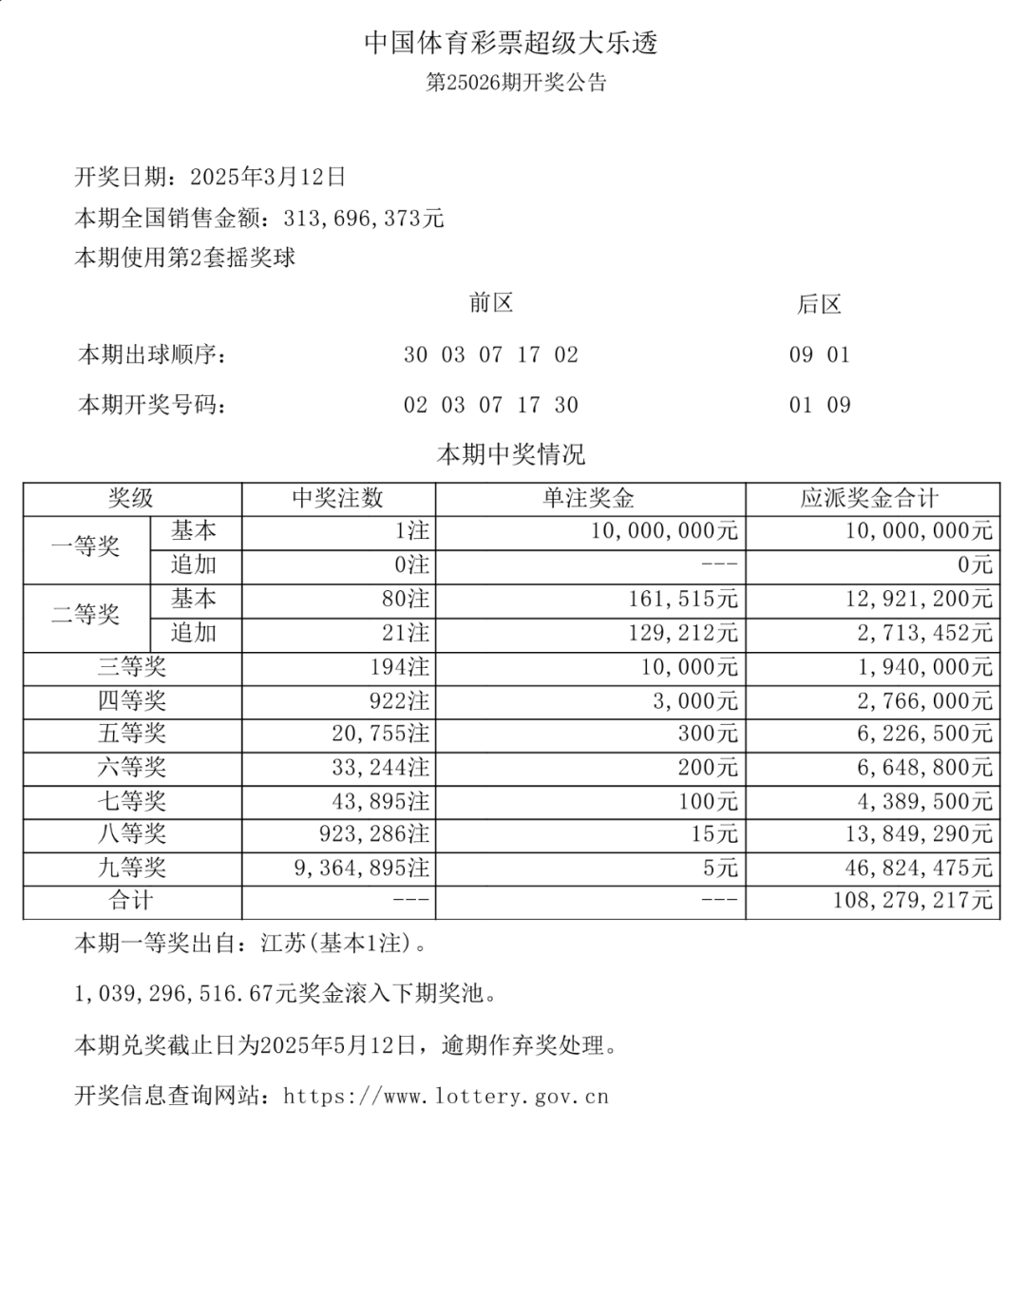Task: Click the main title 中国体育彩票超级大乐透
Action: pos(511,43)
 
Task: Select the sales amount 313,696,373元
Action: pos(364,219)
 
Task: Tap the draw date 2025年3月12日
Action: pos(268,177)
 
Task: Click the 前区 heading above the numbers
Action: pos(491,303)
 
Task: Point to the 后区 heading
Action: pos(819,304)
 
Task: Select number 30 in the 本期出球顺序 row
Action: pos(415,355)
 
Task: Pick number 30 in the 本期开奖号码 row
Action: pos(566,406)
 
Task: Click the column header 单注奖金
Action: pos(589,499)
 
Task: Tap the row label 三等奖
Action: pos(132,667)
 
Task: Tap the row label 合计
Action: pos(131,900)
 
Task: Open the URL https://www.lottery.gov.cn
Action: pos(446,1097)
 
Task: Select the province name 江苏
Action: pos(283,944)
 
